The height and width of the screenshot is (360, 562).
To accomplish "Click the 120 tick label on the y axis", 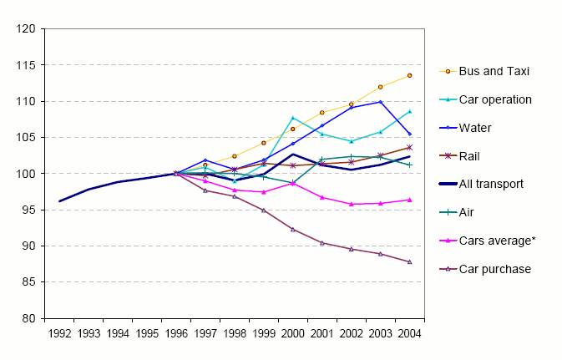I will (26, 29).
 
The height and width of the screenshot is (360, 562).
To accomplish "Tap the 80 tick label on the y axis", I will (28, 319).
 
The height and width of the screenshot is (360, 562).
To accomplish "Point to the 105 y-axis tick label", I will (26, 138).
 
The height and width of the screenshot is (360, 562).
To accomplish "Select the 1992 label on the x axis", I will (59, 334).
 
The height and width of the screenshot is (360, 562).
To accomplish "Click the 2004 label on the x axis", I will (409, 334).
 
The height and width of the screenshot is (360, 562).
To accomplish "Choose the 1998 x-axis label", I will (235, 334).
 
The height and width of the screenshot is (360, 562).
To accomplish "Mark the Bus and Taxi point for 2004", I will (409, 76).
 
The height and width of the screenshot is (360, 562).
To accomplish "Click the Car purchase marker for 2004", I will (409, 262).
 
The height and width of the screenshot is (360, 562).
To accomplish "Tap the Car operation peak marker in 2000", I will (293, 118).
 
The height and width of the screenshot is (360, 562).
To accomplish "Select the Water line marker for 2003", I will (380, 102).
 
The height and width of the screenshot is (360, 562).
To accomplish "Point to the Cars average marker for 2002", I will (351, 204).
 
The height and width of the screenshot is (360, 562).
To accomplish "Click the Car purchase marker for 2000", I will (293, 229).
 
